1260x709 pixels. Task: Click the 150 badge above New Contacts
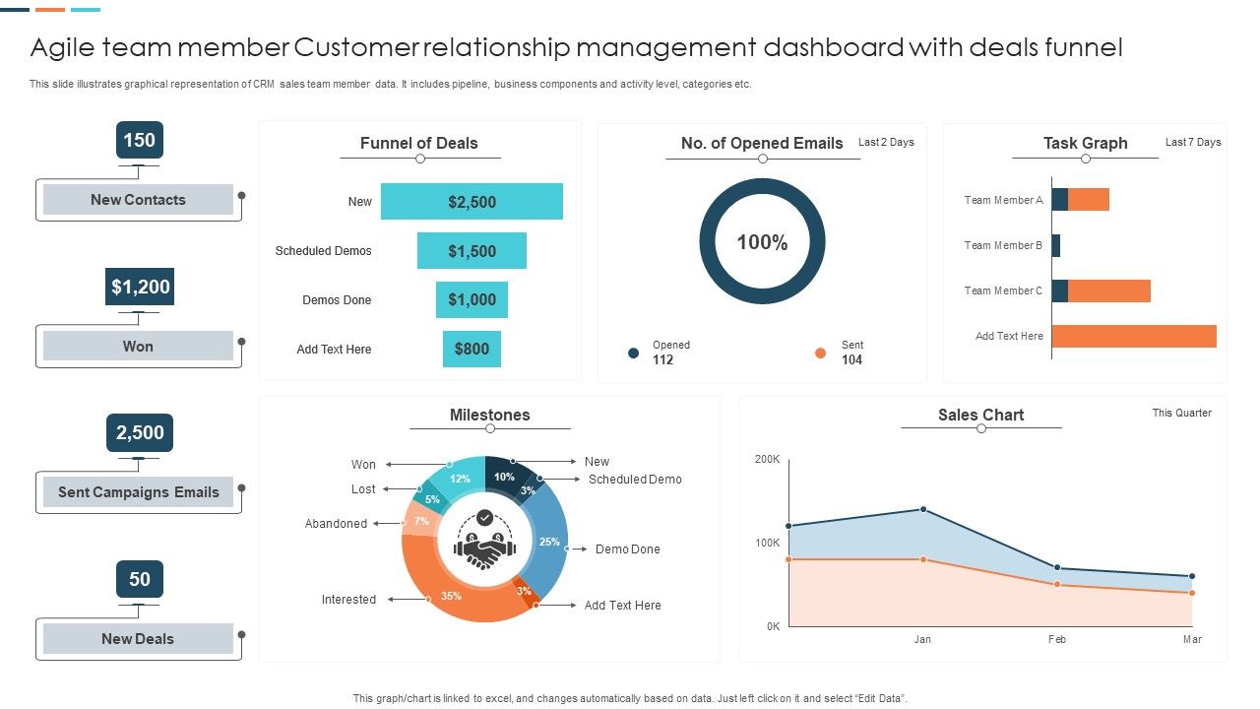[x=139, y=140]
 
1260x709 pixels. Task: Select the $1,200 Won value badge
[x=139, y=287]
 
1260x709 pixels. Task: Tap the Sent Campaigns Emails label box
[x=138, y=492]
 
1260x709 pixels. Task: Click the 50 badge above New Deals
[x=139, y=579]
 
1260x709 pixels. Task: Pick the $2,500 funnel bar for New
[x=472, y=202]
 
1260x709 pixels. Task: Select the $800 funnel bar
[x=472, y=349]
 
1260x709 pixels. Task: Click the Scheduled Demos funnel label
[x=323, y=251]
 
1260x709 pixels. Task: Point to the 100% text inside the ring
[x=762, y=242]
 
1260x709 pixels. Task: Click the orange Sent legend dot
[x=820, y=353]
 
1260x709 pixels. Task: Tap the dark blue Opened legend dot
[x=634, y=353]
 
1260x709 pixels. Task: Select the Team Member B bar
[x=1056, y=245]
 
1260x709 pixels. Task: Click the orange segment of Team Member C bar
[x=1108, y=290]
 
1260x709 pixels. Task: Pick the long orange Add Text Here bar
[x=1134, y=336]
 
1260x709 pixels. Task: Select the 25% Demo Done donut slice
[x=549, y=542]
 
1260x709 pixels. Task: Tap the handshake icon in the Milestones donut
[x=484, y=549]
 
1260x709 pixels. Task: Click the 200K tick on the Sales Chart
[x=767, y=460]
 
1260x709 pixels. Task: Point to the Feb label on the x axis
[x=1056, y=639]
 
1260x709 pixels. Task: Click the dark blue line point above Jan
[x=923, y=509]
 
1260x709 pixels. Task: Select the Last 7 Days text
[x=1193, y=142]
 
